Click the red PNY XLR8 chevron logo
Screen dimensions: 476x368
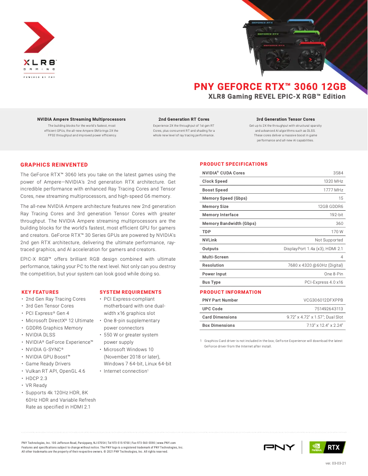click(x=39, y=38)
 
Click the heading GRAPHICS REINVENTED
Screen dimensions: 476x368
click(x=54, y=165)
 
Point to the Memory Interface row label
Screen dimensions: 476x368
click(x=220, y=215)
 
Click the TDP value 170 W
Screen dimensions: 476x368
click(x=337, y=232)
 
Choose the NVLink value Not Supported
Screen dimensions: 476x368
click(x=329, y=240)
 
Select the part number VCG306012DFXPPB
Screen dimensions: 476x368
click(x=323, y=300)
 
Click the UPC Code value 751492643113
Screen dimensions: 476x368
click(x=329, y=309)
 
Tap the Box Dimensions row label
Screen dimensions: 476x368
click(x=218, y=325)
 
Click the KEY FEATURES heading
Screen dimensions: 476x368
click(x=40, y=292)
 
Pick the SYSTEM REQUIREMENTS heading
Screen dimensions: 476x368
click(x=130, y=292)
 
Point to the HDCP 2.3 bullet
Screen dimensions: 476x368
click(x=36, y=378)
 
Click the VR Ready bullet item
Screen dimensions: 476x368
click(x=36, y=386)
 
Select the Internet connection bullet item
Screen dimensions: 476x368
click(x=125, y=371)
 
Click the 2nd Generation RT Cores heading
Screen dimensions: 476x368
click(x=184, y=119)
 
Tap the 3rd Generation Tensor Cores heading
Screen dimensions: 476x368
click(x=285, y=119)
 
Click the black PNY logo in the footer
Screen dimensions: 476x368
click(x=279, y=447)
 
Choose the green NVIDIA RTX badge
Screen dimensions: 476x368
click(x=327, y=447)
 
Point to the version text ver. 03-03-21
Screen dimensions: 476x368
click(x=335, y=463)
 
